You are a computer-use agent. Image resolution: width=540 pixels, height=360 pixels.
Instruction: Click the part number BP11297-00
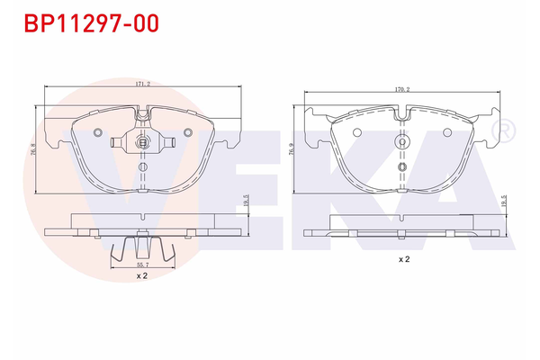click(x=85, y=22)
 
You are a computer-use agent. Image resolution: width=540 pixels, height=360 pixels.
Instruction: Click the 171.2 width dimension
click(x=141, y=84)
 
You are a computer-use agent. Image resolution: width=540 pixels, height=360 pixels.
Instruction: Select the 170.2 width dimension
click(x=401, y=89)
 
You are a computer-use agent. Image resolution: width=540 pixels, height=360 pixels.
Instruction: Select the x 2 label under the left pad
click(x=141, y=276)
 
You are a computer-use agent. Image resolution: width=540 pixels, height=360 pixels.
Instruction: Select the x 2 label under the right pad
click(x=404, y=259)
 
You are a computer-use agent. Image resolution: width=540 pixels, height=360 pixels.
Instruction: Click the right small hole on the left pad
click(x=187, y=132)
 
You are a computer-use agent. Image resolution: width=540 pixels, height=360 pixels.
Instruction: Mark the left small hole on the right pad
click(x=357, y=132)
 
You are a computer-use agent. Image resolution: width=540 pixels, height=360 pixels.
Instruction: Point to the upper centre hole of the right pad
click(x=403, y=141)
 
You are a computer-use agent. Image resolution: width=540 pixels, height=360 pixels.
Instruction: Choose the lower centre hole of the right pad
click(x=403, y=166)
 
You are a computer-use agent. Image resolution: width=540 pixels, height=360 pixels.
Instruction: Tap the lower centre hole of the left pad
click(x=143, y=167)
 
